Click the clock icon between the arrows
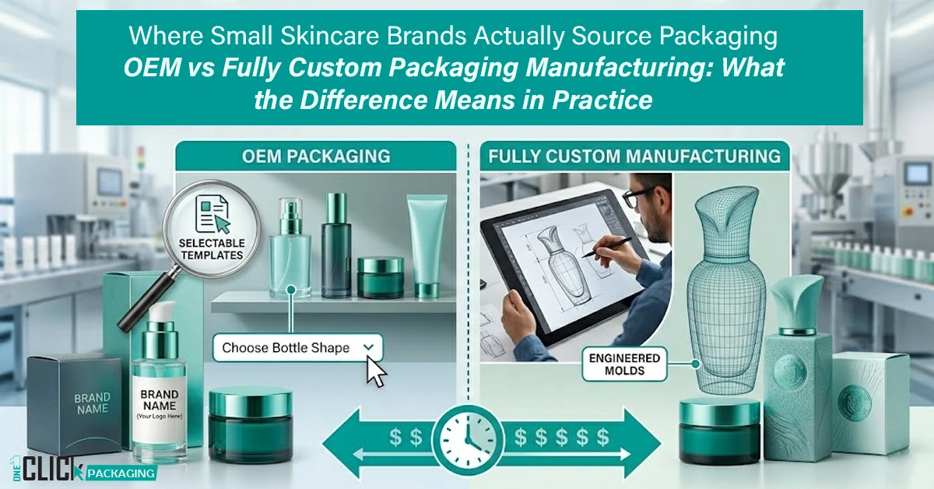(x=467, y=438)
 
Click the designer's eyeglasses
(x=641, y=198)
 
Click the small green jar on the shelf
(x=380, y=277)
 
